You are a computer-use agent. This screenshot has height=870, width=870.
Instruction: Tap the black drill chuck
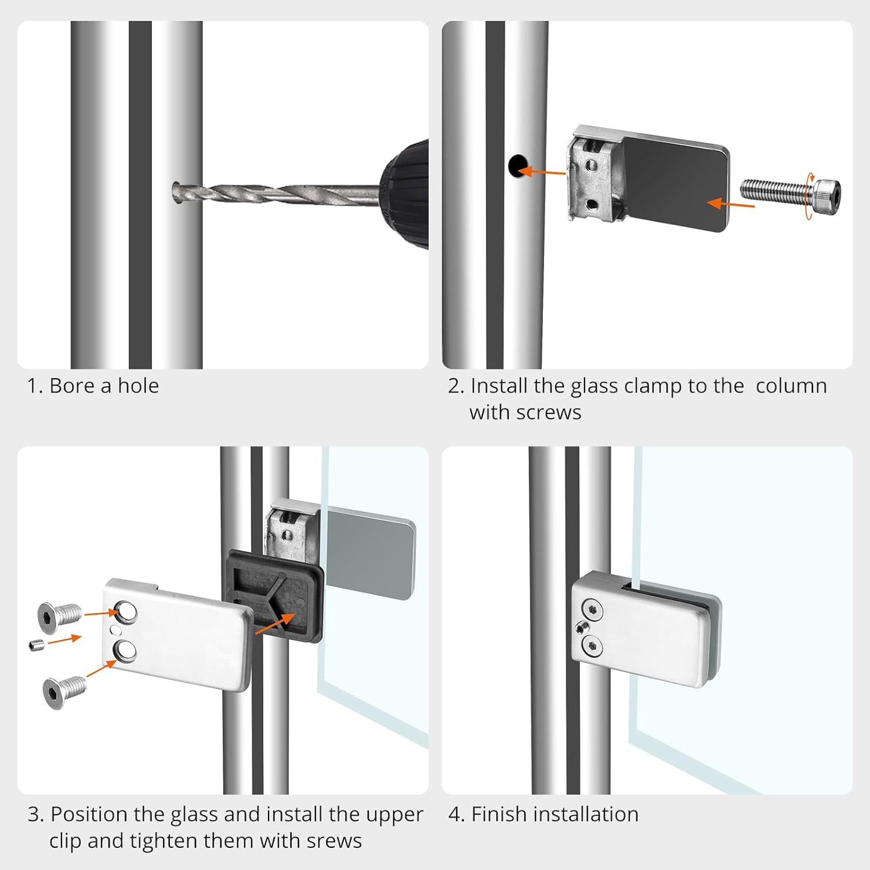pos(404,194)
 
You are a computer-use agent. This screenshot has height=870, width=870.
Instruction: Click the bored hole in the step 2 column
pos(517,166)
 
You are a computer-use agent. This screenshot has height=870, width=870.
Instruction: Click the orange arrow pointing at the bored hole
pos(541,171)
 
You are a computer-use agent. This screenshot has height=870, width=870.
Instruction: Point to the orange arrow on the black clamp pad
pos(731,204)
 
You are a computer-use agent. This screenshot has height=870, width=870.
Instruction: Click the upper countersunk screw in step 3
pos(59,615)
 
